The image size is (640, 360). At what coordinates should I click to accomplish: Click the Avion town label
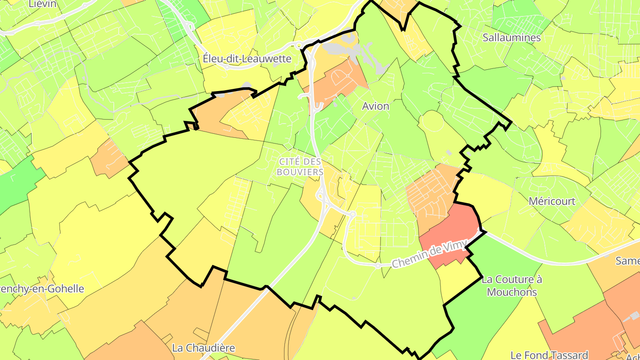tap(376, 106)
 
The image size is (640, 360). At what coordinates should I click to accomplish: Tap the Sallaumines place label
tap(512, 38)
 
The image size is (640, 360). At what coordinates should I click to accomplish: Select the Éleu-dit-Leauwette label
tap(247, 59)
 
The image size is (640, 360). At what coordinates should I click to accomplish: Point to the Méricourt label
tap(552, 201)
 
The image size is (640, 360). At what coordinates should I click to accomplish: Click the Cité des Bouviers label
tap(300, 166)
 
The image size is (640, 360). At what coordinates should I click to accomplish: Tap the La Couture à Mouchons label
tap(512, 286)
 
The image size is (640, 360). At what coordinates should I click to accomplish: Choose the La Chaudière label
tap(204, 348)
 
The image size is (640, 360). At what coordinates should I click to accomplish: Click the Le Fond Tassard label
tap(549, 355)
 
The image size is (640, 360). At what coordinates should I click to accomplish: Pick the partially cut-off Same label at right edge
tap(628, 261)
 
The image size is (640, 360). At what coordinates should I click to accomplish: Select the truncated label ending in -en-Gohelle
tap(42, 289)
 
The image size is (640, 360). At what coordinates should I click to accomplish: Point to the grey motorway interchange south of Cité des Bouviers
tap(324, 200)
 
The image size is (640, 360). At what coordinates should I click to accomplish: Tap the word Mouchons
tap(512, 292)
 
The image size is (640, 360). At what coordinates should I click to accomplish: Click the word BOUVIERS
tap(300, 172)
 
